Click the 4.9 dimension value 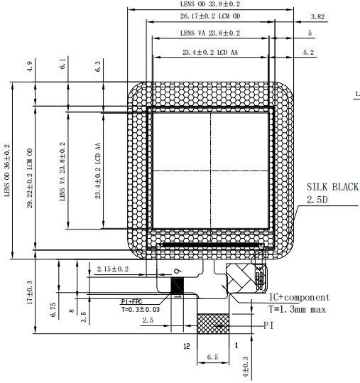tap(30, 66)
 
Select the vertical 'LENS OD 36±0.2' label tap(8, 171)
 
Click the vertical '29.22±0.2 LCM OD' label tap(30, 178)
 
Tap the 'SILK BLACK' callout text tap(332, 187)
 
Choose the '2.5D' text tap(318, 201)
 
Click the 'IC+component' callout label tap(298, 297)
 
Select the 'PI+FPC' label tap(136, 300)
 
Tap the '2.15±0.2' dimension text tap(112, 269)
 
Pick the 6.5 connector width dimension tap(212, 358)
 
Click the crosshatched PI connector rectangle tap(214, 325)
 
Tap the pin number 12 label tap(187, 346)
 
